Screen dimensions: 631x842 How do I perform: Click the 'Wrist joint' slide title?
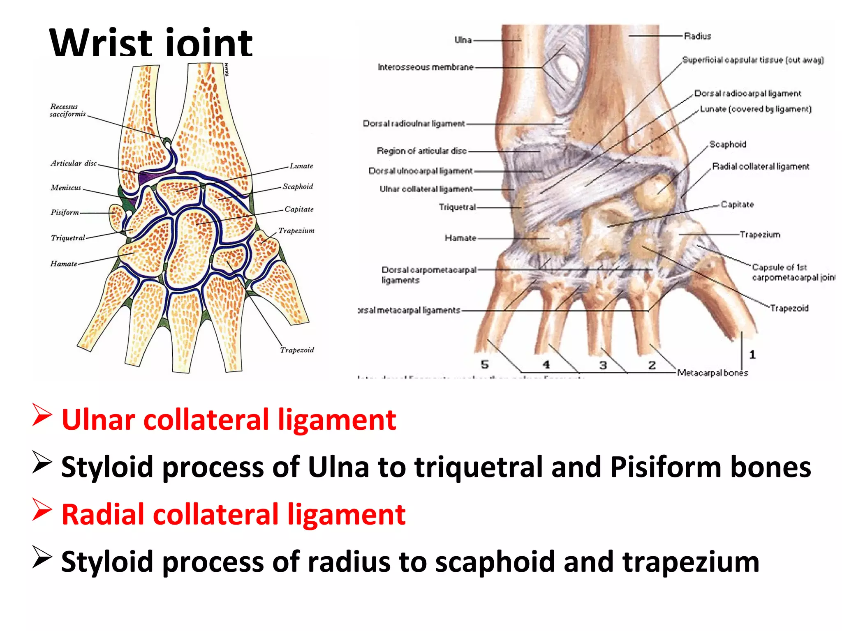tap(150, 43)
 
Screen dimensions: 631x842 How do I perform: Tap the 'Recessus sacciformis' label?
tap(67, 110)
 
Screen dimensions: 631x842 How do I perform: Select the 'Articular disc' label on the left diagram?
tap(74, 163)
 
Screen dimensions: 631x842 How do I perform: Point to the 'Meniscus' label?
tap(66, 188)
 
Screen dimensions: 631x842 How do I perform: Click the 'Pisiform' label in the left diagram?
tap(65, 212)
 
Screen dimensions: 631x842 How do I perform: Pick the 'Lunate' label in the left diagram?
tap(301, 166)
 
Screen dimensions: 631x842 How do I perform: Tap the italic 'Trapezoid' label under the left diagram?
tap(297, 350)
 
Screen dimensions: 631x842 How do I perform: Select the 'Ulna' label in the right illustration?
tap(463, 40)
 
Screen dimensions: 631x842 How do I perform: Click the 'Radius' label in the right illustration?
tap(697, 36)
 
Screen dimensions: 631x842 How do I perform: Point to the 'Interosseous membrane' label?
tap(426, 67)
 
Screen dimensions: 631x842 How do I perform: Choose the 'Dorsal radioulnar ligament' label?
tap(414, 123)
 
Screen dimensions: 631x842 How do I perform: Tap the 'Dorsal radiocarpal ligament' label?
tap(747, 94)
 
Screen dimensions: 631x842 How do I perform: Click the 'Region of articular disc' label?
tap(422, 151)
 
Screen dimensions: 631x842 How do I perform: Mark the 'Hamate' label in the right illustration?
tap(460, 238)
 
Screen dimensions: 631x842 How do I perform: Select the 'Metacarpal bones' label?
tap(712, 373)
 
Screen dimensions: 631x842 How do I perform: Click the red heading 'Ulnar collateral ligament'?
tap(229, 420)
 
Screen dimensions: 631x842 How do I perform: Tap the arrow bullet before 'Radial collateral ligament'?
tap(42, 510)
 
